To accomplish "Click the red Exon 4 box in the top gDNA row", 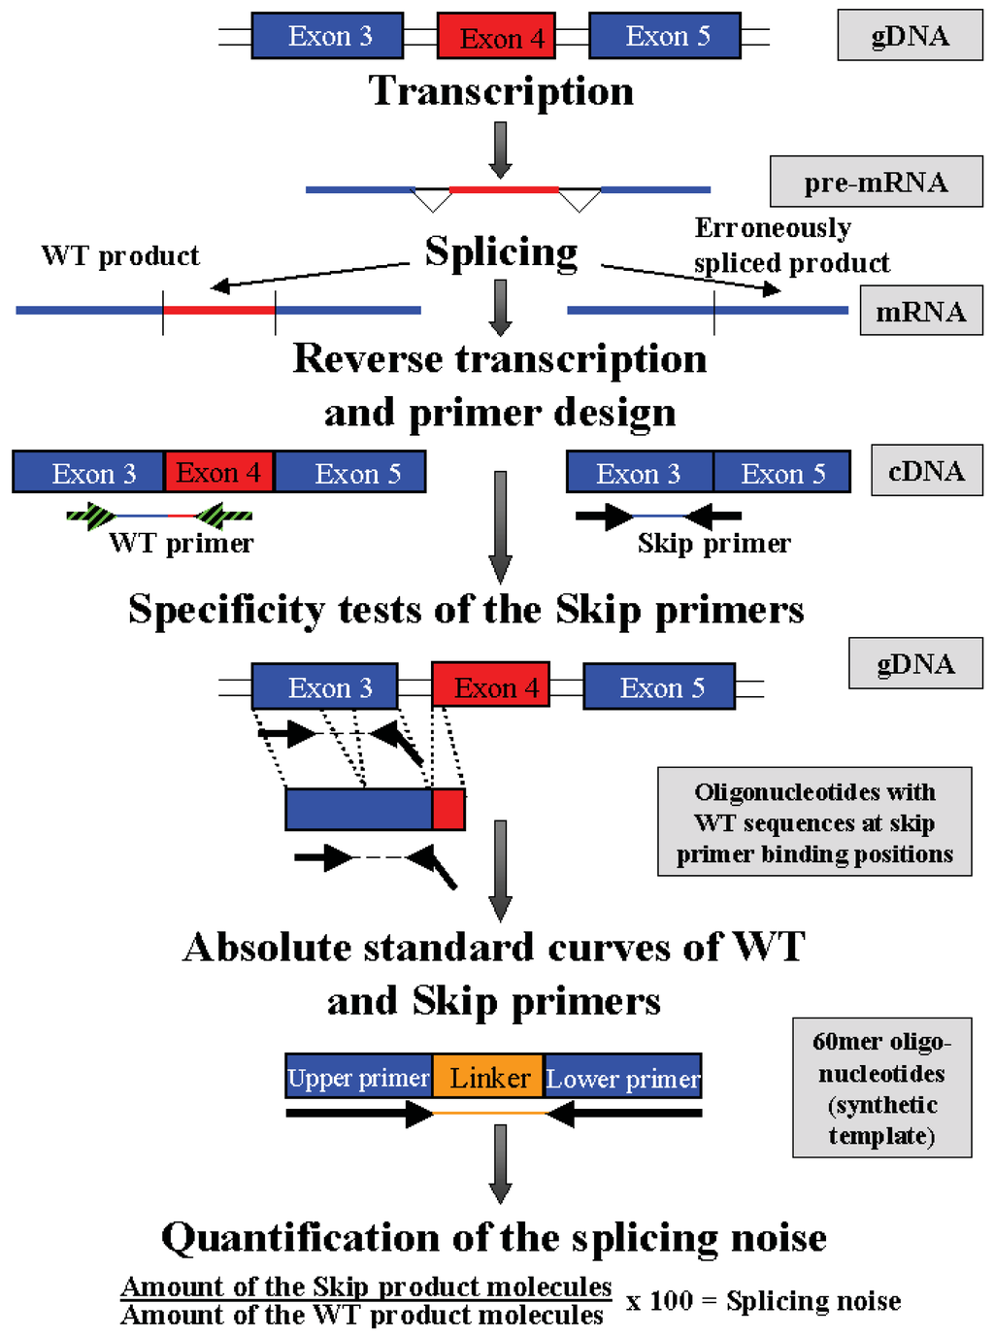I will tap(496, 37).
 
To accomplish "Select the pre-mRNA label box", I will tap(876, 182).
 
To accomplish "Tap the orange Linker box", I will tap(488, 1077).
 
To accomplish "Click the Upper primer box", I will tap(358, 1077).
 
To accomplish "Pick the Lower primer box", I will tap(622, 1077).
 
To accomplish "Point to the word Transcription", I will tap(501, 91).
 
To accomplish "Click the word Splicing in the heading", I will tap(501, 251).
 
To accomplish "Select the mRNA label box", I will tap(920, 312).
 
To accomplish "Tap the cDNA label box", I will tap(926, 471).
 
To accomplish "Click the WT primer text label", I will tap(182, 543).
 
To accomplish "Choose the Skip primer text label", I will tap(713, 543).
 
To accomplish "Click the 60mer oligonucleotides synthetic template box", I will tap(881, 1087).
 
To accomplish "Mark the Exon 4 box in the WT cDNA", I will tap(218, 473).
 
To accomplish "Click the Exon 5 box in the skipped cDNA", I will tap(782, 473).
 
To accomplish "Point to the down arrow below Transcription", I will tap(501, 150).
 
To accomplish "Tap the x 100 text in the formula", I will tap(659, 1301).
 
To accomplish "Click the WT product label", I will tap(120, 256).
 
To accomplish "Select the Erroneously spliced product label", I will tap(790, 246).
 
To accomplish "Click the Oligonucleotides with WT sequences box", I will tap(814, 822).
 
